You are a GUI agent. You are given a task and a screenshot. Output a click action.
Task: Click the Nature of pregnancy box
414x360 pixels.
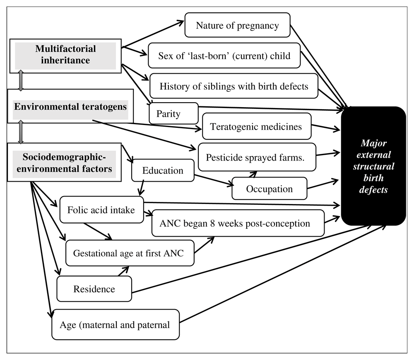coord(237,25)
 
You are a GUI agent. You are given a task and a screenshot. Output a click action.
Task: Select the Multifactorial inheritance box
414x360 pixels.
coord(65,56)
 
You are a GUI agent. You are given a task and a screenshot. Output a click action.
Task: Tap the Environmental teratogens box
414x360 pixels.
coord(70,106)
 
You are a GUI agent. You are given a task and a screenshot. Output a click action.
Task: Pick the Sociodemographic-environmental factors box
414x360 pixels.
coord(64,162)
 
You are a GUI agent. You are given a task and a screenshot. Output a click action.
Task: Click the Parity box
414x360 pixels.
coord(173,113)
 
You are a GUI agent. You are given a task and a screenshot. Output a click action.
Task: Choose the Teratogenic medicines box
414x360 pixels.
coord(257,127)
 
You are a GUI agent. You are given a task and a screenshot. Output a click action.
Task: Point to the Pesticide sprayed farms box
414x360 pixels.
coord(257,157)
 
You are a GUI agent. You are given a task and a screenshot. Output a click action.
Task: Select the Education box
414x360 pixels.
coord(163,170)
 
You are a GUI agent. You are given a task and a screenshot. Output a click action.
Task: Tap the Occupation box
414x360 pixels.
coord(270,188)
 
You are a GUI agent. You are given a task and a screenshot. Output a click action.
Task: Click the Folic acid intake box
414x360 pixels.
coord(102,209)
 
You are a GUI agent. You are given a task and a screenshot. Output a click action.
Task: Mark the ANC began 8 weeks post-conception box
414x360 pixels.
coord(238,223)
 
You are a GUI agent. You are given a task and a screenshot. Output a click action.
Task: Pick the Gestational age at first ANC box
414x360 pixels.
coord(130,253)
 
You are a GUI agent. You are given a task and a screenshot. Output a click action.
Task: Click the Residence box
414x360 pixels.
coord(94,289)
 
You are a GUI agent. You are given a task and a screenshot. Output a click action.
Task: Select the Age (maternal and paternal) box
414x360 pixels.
coord(116,325)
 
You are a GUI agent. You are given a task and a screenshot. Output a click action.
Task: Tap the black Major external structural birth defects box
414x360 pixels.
coord(373,166)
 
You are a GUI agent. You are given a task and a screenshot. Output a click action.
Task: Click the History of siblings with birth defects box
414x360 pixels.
coord(233,86)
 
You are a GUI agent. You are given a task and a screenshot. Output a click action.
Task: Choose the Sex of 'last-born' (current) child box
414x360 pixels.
coord(224,56)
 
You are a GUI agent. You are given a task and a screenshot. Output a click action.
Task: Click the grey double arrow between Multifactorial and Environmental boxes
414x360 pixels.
coord(21,81)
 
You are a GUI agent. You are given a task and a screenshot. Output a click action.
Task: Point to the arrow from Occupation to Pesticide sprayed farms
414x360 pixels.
coord(253,174)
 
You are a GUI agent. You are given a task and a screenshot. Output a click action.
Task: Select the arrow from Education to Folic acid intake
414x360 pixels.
coord(142,188)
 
